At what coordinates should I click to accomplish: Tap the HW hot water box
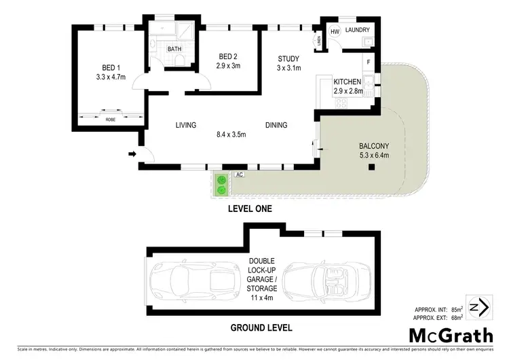(x=335, y=32)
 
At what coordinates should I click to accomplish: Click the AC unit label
(x=239, y=175)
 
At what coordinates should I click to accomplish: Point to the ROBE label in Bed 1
(x=110, y=120)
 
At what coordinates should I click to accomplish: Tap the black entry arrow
(x=131, y=154)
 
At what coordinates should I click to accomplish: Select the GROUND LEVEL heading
(x=261, y=327)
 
